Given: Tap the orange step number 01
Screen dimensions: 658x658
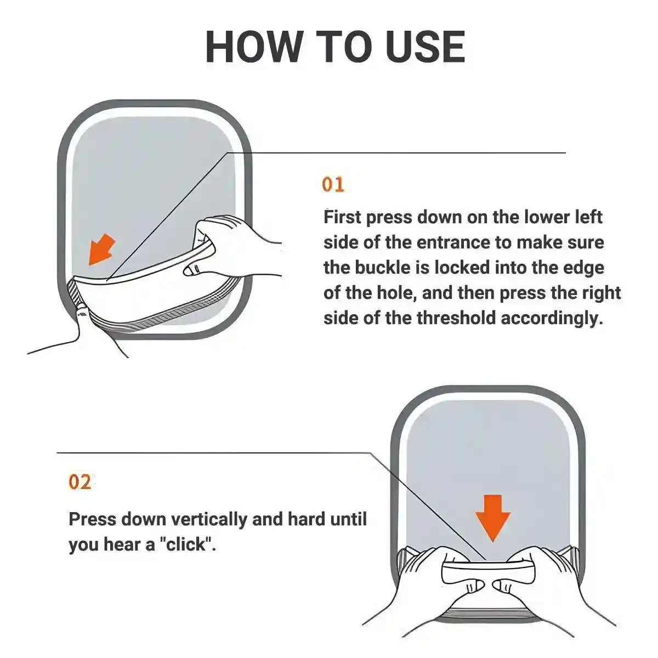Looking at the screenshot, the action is tap(333, 185).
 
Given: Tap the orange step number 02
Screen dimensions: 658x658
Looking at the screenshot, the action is tap(80, 482).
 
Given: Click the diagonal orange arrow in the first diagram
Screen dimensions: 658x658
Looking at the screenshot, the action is tap(101, 249).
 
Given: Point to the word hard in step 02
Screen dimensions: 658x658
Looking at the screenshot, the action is tap(305, 519).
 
